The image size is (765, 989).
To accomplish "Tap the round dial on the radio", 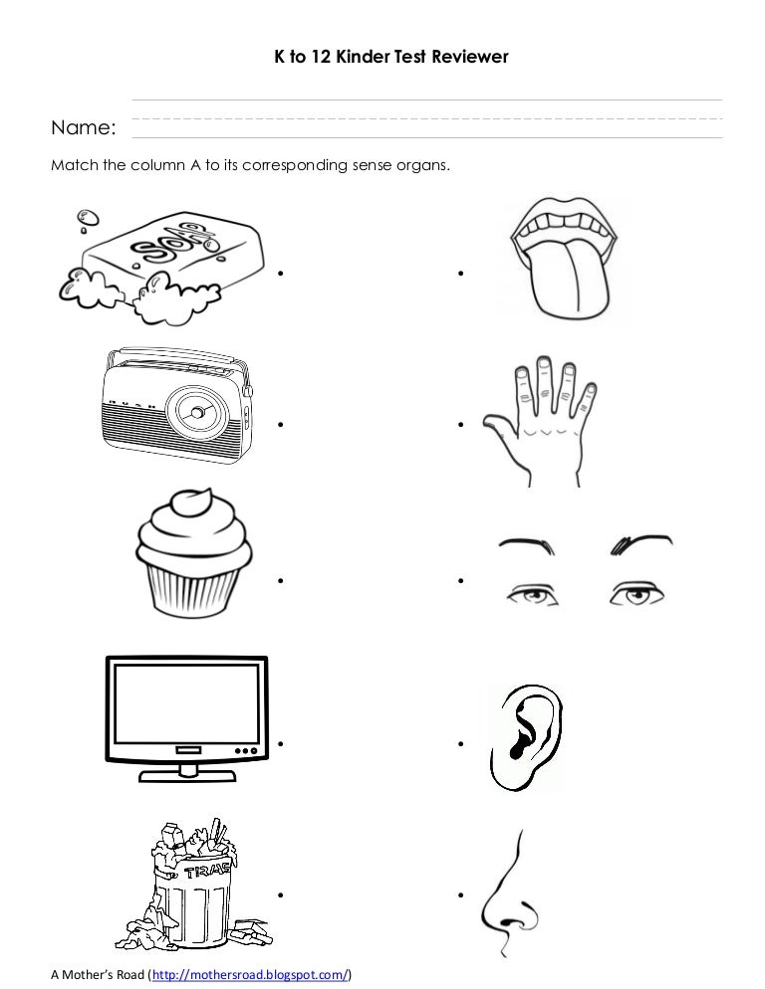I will [197, 411].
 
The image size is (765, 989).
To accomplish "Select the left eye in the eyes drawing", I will [529, 595].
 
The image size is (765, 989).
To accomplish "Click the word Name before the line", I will [83, 128].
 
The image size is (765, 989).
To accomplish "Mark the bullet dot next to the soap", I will [283, 272].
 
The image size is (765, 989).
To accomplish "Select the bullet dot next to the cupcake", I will [283, 579].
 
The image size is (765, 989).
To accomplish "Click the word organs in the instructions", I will [424, 166].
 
